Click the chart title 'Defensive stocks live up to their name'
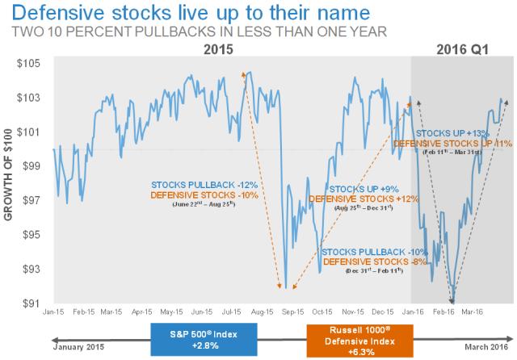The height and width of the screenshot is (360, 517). pyautogui.click(x=167, y=14)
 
